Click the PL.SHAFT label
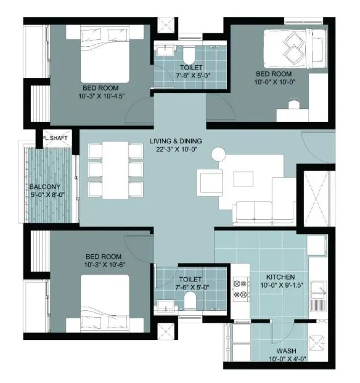55,138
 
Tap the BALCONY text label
45,187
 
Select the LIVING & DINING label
176,141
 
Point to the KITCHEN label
280,277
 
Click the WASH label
287,351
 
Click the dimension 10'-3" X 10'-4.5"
102,96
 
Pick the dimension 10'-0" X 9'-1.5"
282,285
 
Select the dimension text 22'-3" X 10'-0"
176,149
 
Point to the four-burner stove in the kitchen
240,289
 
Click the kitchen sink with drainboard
318,297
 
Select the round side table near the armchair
218,155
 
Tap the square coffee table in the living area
243,179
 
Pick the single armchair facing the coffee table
210,183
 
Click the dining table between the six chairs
115,170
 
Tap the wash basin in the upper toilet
165,51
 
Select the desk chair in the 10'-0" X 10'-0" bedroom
293,104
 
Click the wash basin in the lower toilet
166,305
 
